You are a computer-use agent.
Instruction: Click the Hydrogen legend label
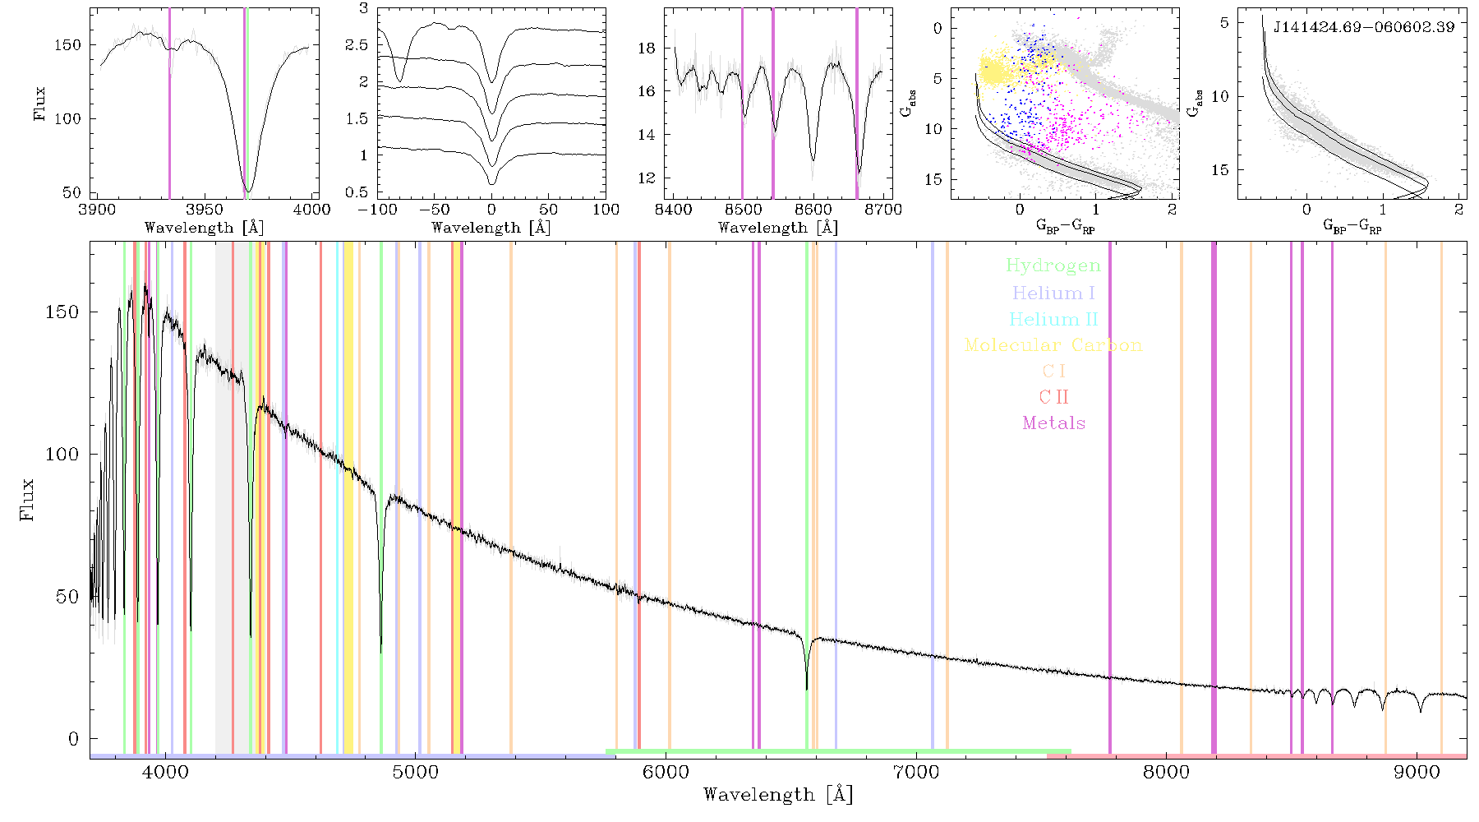1053,266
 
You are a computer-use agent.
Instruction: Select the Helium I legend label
1053,293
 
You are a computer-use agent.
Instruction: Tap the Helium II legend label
1053,319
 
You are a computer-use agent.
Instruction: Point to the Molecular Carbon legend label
1053,345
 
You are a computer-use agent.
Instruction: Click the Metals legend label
1053,423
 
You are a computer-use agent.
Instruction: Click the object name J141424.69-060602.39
1364,27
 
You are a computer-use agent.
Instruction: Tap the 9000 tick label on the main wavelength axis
1417,773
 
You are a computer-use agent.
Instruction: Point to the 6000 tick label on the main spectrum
666,773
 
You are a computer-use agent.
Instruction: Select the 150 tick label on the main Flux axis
62,312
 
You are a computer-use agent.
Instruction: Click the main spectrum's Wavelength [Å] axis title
778,795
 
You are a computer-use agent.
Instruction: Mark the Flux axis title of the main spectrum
27,499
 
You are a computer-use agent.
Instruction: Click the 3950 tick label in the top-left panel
205,210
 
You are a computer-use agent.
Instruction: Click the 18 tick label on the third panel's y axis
647,48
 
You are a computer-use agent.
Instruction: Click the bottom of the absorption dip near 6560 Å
807,689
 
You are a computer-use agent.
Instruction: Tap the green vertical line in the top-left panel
247,104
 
